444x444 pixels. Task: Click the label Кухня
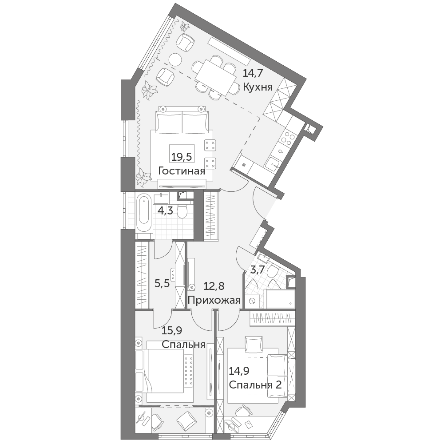(258, 87)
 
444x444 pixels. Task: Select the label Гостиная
(182, 171)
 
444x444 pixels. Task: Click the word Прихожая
(214, 300)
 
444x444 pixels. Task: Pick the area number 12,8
(214, 286)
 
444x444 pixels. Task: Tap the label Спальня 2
(255, 385)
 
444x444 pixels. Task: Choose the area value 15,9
(171, 330)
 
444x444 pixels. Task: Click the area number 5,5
(162, 283)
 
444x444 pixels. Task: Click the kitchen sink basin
(273, 164)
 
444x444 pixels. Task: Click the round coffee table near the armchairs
(175, 60)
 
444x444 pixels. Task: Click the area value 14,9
(240, 371)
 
